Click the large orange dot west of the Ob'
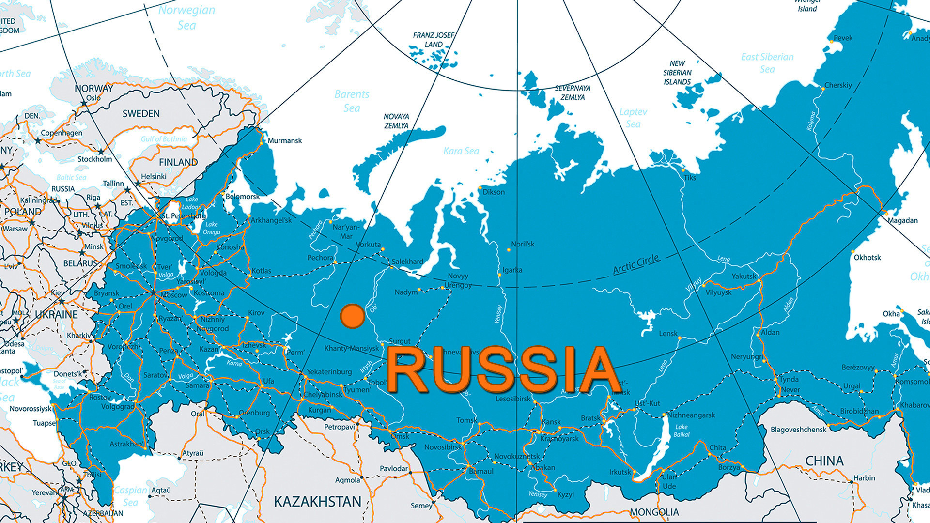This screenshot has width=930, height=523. click(352, 316)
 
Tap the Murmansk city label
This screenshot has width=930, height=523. click(284, 140)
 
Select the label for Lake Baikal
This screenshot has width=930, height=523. click(682, 431)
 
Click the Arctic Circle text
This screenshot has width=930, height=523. click(635, 264)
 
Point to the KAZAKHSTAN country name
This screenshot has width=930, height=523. click(317, 501)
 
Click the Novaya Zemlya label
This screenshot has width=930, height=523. click(396, 121)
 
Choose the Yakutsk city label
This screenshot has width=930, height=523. click(744, 276)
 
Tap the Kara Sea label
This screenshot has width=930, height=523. click(461, 151)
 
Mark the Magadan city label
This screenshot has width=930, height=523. click(902, 220)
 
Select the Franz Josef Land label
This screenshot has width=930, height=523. click(434, 40)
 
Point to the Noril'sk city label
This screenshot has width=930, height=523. click(523, 244)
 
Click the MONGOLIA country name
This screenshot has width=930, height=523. click(654, 512)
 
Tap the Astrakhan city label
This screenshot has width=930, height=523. click(126, 444)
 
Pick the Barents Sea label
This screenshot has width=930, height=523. click(352, 101)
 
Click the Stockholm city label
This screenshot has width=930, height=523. click(94, 159)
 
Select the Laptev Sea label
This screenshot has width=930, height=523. click(633, 118)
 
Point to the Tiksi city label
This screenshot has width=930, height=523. click(691, 178)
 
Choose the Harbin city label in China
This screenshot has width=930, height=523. click(864, 477)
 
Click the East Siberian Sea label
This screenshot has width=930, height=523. click(767, 63)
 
